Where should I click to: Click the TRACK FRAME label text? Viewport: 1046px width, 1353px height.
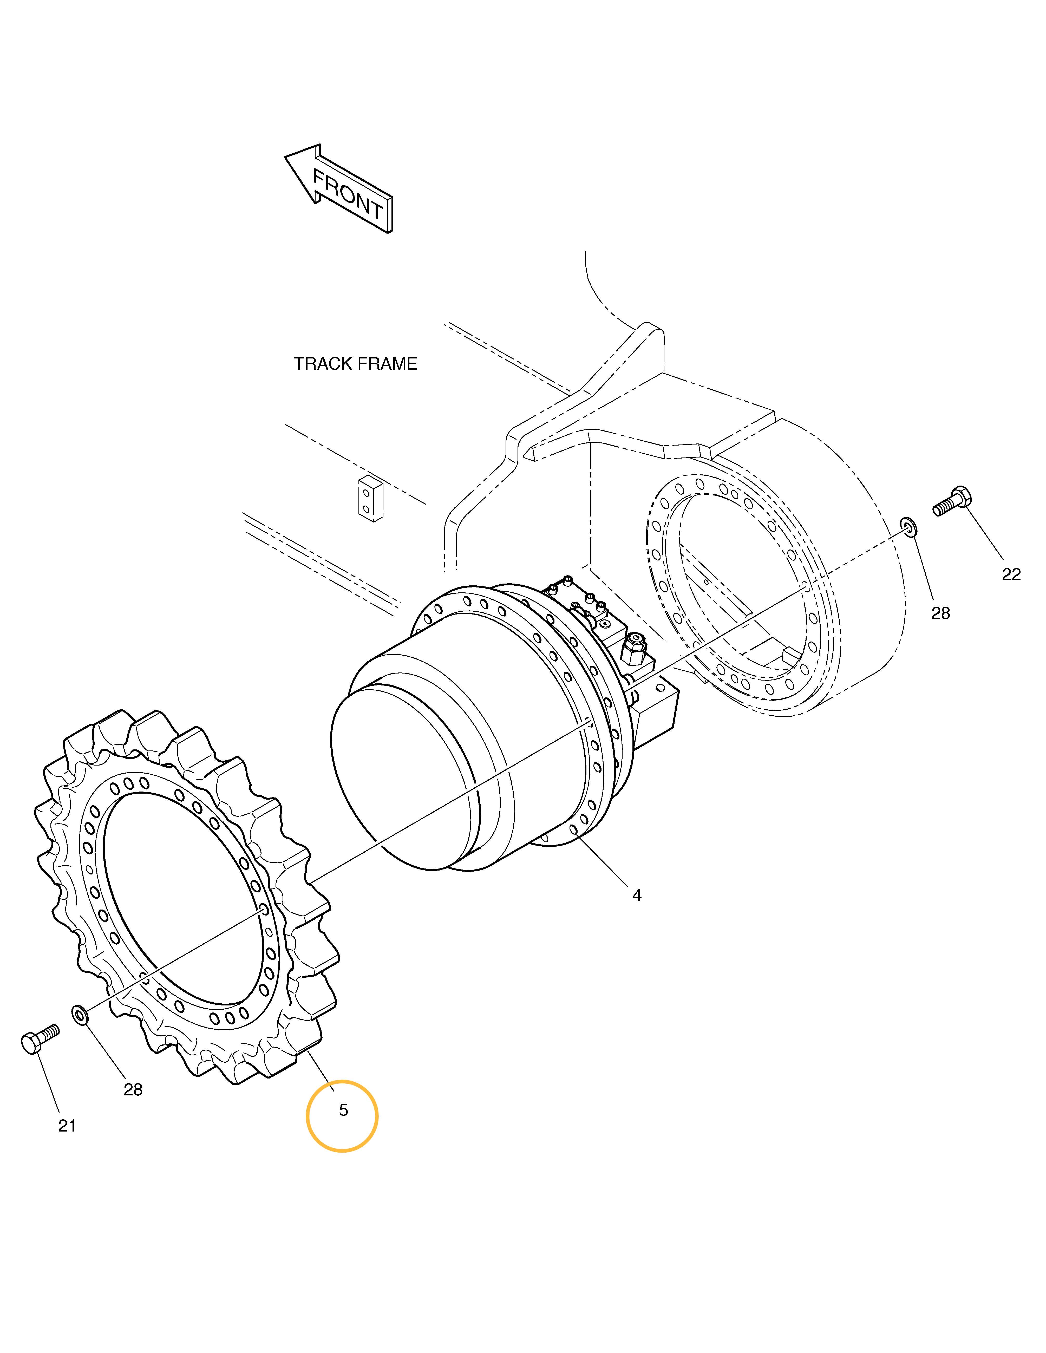tap(355, 364)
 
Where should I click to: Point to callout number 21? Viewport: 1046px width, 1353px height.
tap(67, 1126)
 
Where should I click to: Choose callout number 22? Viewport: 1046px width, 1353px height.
tap(1011, 574)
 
